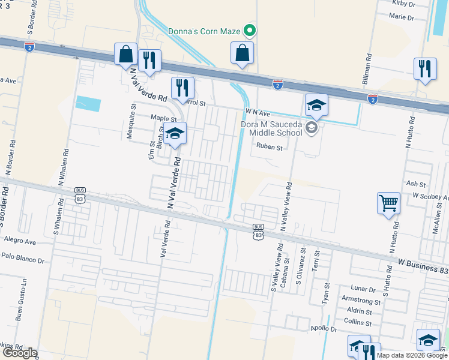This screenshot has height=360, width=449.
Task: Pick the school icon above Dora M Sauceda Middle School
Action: click(316, 106)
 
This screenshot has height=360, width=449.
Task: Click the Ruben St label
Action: click(270, 146)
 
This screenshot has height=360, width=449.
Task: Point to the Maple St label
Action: click(164, 119)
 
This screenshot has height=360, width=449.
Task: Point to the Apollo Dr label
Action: click(324, 328)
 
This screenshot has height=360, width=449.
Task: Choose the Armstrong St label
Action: click(361, 299)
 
